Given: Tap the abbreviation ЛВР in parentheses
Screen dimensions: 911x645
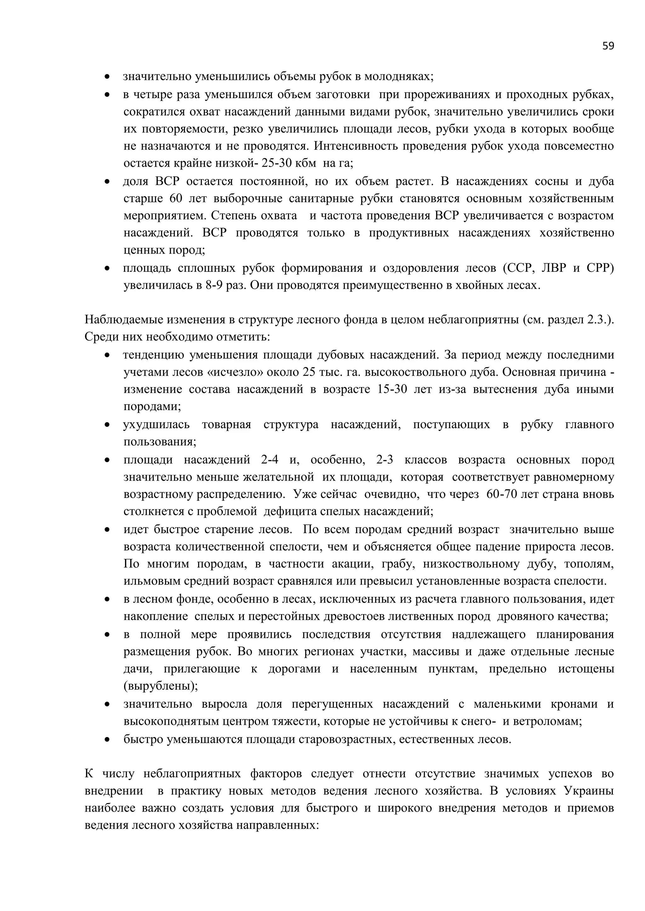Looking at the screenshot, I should [x=554, y=269].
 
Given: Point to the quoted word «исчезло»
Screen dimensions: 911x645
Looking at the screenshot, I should [x=235, y=372].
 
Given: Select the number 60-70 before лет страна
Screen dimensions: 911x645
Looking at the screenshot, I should [x=501, y=495].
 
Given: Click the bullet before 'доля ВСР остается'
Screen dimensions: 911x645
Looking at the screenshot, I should [x=107, y=182].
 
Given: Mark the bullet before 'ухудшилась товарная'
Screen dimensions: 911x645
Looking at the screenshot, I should [x=107, y=425].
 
